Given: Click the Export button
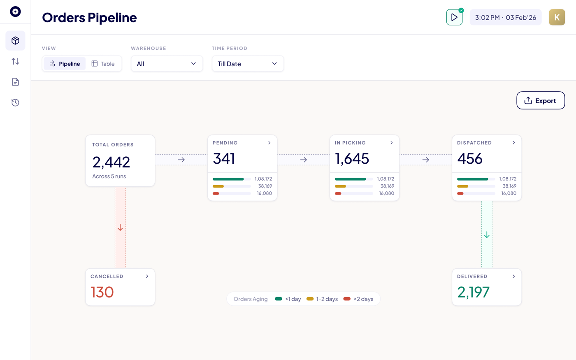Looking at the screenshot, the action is pyautogui.click(x=541, y=100).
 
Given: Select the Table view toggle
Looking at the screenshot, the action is pyautogui.click(x=103, y=63).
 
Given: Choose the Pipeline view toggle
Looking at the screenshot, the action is pyautogui.click(x=65, y=63).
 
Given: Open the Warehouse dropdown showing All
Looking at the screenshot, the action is pyautogui.click(x=167, y=63).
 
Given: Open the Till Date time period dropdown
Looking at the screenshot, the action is pyautogui.click(x=248, y=63).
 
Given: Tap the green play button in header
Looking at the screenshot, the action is pyautogui.click(x=454, y=17).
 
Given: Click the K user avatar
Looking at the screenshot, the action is pyautogui.click(x=557, y=17).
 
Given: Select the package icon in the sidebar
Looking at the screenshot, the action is pyautogui.click(x=16, y=41).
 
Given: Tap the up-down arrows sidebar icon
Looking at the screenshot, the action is pyautogui.click(x=16, y=61).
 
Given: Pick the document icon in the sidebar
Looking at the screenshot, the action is pyautogui.click(x=16, y=82).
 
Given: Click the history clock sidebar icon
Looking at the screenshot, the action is pyautogui.click(x=16, y=102).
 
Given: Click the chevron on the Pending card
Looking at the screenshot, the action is pyautogui.click(x=269, y=143).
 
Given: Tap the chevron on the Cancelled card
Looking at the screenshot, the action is pyautogui.click(x=147, y=276).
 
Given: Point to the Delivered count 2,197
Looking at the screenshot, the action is pyautogui.click(x=473, y=292).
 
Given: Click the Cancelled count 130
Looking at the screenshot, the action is pyautogui.click(x=102, y=292).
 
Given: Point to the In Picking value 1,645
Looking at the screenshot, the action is pyautogui.click(x=352, y=158).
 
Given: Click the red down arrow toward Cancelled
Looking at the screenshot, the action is pyautogui.click(x=120, y=228).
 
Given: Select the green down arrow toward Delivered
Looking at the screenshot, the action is pyautogui.click(x=487, y=235).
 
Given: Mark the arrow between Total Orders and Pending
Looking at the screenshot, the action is pyautogui.click(x=181, y=160).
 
